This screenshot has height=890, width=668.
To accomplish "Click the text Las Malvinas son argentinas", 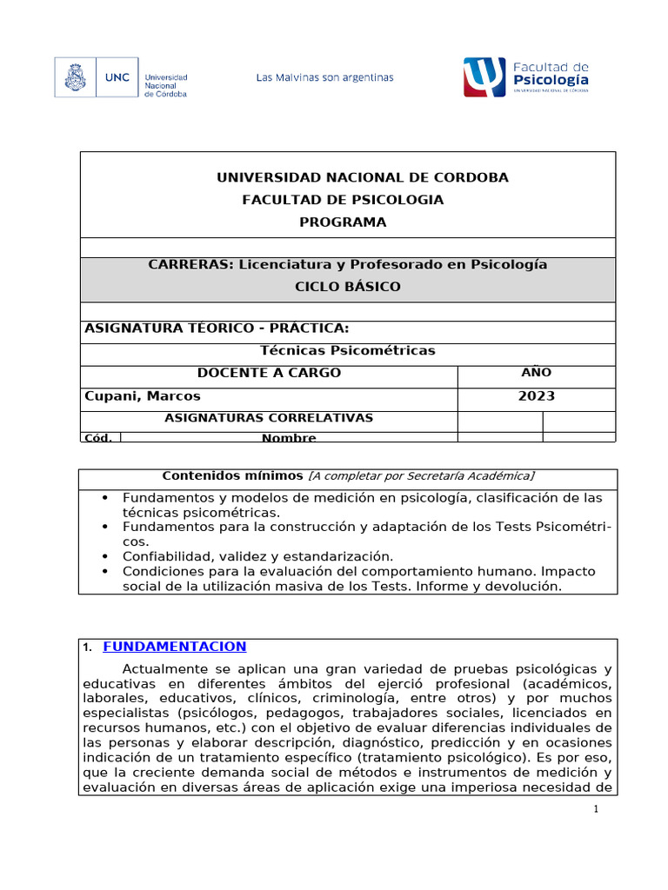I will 324,77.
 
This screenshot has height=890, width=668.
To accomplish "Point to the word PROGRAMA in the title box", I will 343,222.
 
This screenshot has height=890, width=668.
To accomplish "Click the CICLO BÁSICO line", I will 348,287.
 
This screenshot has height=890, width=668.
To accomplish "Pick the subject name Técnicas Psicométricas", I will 348,350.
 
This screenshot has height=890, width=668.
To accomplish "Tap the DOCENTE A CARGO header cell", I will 269,373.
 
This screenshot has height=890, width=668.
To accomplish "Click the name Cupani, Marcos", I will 142,395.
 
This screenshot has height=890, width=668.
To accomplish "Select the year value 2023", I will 536,395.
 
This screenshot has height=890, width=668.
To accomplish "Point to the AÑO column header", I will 536,373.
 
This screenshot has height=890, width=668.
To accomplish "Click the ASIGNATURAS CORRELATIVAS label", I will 269,418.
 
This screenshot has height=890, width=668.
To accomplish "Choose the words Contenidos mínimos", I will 233,475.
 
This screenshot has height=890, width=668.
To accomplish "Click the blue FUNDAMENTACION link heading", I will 175,646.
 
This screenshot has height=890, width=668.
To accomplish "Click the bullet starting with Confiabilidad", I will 257,555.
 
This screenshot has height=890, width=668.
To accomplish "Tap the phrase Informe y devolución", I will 491,587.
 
